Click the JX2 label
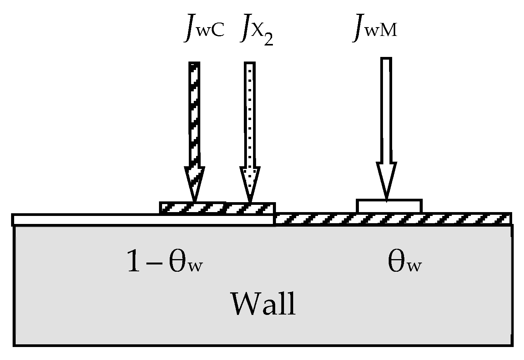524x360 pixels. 256,32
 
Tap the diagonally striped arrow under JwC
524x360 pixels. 194,115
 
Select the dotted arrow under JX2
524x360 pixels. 250,115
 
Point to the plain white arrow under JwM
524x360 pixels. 386,111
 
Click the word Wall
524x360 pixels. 264,304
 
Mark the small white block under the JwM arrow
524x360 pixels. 389,206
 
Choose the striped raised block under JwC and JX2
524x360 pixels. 217,208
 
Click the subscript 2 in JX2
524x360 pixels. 268,41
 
